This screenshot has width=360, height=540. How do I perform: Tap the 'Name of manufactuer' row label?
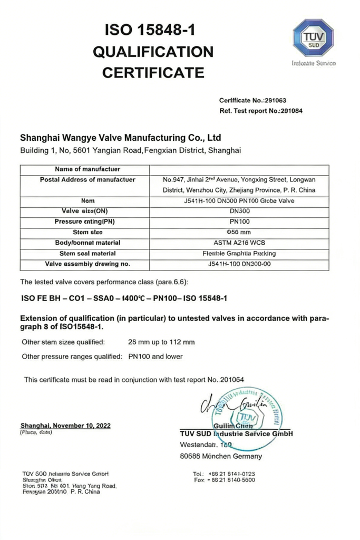point(87,169)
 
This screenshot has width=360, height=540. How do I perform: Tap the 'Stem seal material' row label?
point(87,253)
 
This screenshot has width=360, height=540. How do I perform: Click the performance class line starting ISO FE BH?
point(124,298)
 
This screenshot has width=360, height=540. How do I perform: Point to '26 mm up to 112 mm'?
point(161,342)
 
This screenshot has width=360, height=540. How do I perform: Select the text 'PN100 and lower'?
point(155,356)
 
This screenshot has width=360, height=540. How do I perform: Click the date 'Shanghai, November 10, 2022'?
point(65,426)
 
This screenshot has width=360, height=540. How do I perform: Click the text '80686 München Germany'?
point(221,456)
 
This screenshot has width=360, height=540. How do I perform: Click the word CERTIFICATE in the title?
point(153,72)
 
